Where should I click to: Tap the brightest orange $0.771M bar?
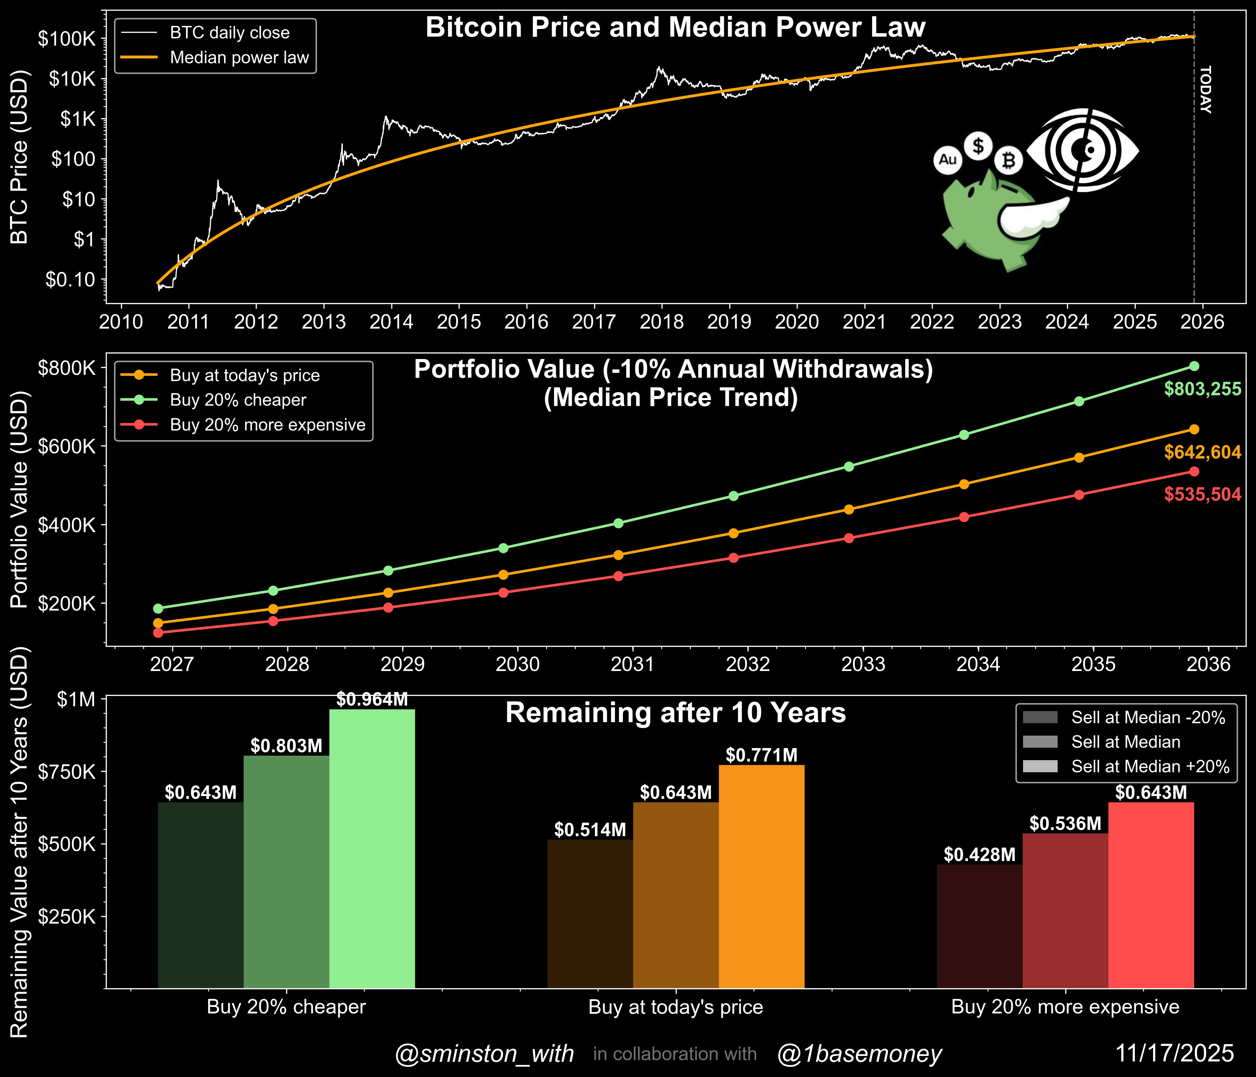click(761, 879)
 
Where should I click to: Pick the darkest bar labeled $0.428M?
click(979, 927)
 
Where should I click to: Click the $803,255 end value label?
click(1202, 389)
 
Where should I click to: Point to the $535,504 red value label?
click(1202, 494)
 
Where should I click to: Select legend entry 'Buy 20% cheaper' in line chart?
click(238, 400)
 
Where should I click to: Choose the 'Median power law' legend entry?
click(239, 58)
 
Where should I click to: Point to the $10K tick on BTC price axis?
click(72, 79)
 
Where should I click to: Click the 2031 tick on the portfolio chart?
click(632, 664)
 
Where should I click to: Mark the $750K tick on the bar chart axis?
click(67, 772)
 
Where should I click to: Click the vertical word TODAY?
click(1205, 90)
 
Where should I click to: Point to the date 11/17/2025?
click(1174, 1054)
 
